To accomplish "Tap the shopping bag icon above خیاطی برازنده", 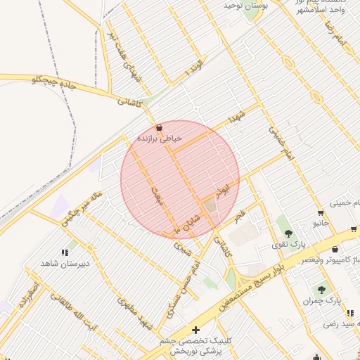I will [x=161, y=128].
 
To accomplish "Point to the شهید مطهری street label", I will [x=136, y=314].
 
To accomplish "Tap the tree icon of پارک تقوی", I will [x=285, y=231].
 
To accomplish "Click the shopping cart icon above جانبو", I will [x=321, y=213].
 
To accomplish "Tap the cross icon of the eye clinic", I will [x=195, y=330].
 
